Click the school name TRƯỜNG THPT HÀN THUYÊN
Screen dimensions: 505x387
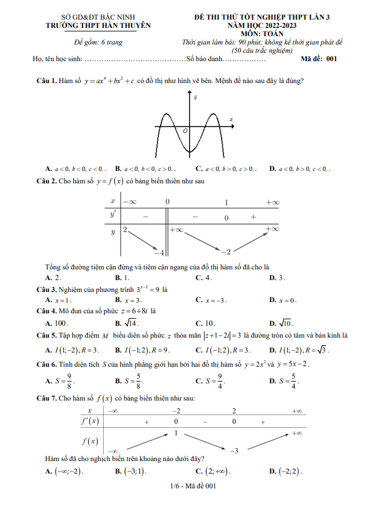point(98,26)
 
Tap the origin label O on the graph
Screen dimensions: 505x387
point(185,130)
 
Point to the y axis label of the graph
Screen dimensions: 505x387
point(196,97)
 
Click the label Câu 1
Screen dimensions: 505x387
point(46,80)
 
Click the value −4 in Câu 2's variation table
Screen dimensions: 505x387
point(158,252)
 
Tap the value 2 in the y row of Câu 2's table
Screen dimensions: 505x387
point(125,229)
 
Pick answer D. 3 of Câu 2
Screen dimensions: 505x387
point(277,277)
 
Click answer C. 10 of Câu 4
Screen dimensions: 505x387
point(205,323)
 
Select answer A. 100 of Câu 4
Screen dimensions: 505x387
point(57,323)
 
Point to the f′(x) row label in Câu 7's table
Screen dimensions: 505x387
point(90,421)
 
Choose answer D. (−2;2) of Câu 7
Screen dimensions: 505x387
point(286,471)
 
